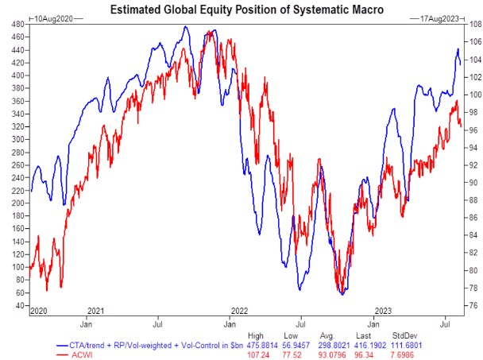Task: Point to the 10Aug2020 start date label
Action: point(50,17)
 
